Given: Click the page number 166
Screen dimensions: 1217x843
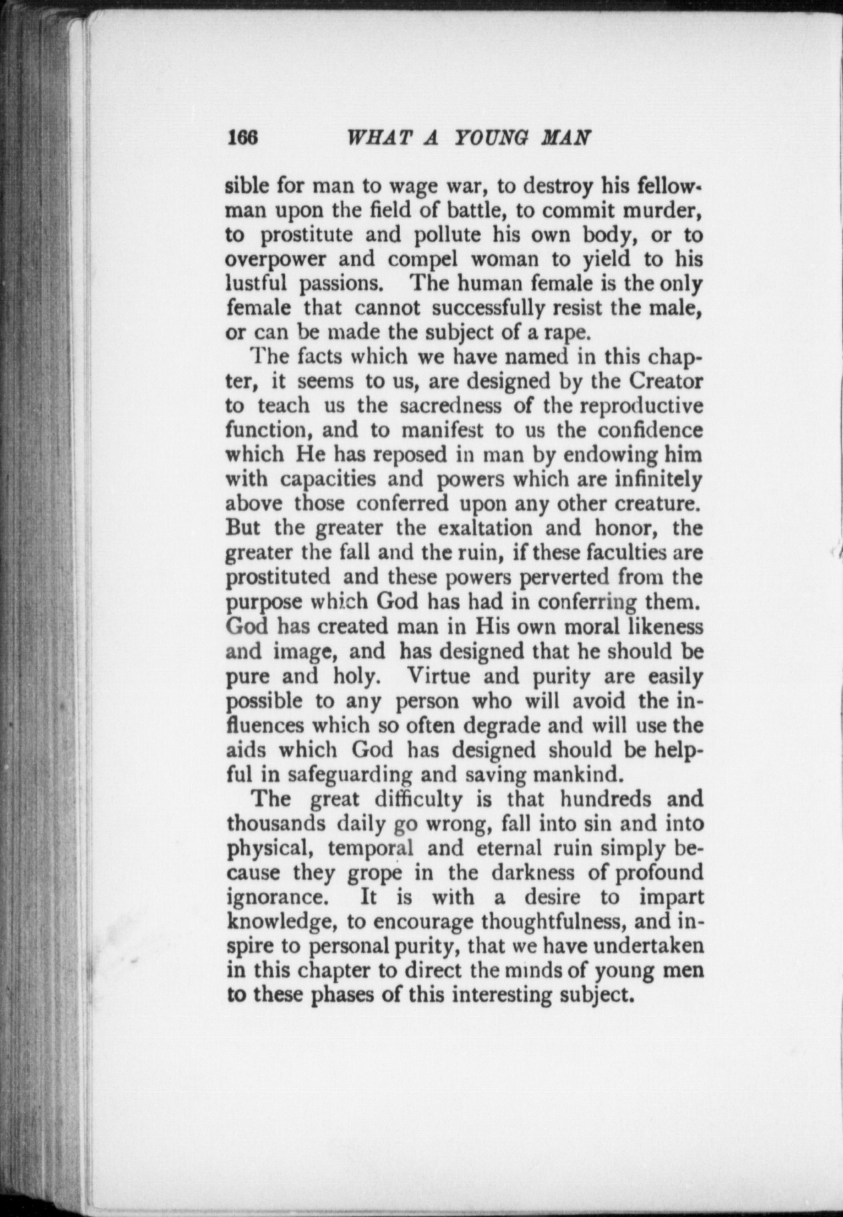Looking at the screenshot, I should pyautogui.click(x=241, y=137).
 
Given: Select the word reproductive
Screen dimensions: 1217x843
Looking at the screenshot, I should pyautogui.click(x=641, y=406).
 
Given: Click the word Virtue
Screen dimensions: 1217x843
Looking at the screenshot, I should pyautogui.click(x=440, y=677).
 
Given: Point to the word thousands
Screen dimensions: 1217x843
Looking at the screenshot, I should pyautogui.click(x=276, y=823).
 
